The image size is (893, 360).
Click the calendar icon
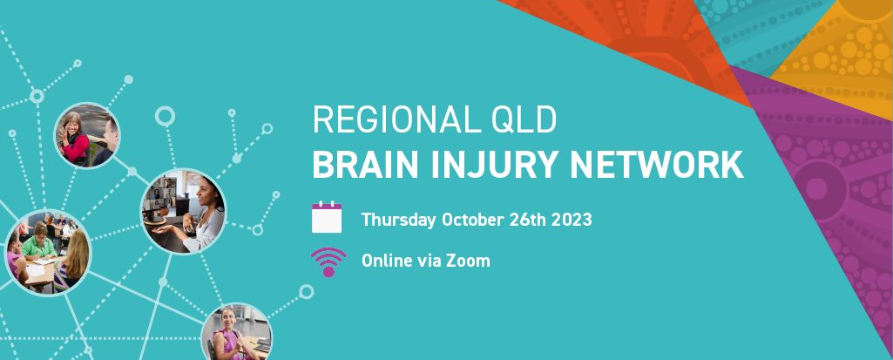[327, 217]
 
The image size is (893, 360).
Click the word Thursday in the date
[399, 220]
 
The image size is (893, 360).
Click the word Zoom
[468, 261]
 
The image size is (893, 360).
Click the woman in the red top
[75, 139]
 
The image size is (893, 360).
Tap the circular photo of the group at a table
[48, 253]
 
